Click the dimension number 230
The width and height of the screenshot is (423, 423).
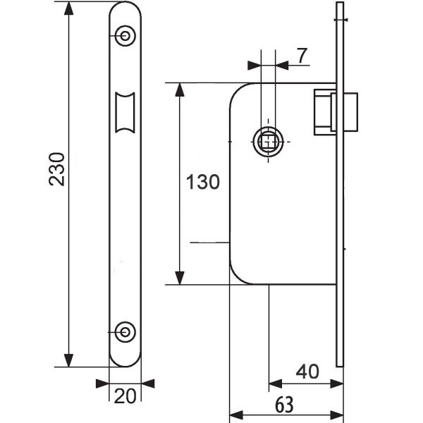(57, 169)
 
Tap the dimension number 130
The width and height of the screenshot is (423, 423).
(203, 182)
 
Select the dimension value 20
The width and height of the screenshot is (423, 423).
(125, 396)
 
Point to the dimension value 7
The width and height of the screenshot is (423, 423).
(302, 56)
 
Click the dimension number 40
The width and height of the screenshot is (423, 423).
(307, 372)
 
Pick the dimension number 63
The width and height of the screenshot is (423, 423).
(284, 405)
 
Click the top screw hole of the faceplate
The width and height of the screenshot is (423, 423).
(125, 36)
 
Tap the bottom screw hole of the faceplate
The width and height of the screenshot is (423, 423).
(125, 332)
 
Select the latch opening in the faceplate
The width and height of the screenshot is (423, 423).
(125, 112)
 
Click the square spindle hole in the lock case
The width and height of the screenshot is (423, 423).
(268, 142)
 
